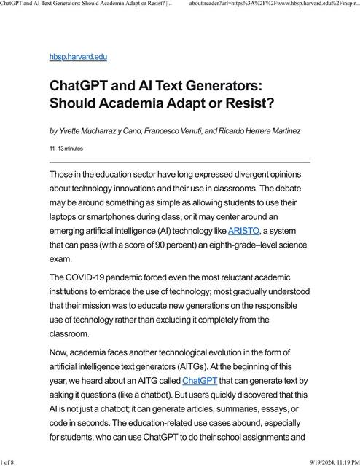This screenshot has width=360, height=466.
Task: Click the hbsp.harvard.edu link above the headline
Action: pos(78,56)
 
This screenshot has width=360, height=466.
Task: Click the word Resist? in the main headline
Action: pos(237,103)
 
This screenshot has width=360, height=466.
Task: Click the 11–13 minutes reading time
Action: pos(66,149)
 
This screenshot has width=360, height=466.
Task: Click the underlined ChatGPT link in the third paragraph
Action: pos(199,380)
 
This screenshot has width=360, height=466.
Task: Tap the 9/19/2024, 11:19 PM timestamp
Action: pos(323,460)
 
